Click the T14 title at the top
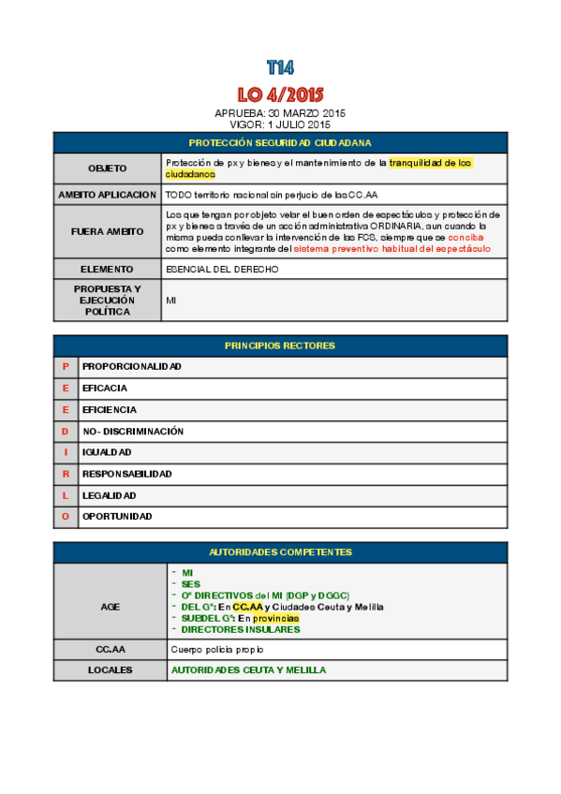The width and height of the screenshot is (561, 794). point(280,67)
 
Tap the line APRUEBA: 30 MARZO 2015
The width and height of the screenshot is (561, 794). point(280,113)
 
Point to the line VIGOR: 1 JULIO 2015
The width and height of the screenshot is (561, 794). point(280,124)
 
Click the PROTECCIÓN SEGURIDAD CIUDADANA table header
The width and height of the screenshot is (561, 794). point(280,142)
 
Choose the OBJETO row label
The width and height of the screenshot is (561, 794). point(107,169)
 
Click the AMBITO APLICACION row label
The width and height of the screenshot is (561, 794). point(107,195)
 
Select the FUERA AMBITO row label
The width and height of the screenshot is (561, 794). point(107,231)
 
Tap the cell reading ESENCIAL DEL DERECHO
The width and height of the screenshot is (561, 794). point(222,269)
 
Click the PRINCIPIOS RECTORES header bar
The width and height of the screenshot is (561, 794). point(280,346)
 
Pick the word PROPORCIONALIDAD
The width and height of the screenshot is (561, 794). point(132,366)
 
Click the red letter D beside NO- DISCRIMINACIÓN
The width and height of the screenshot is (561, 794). point(66,432)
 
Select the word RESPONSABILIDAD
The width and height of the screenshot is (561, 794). point(127,474)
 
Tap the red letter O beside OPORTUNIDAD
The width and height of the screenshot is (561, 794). point(66,516)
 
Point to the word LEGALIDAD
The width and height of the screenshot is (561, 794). point(110,495)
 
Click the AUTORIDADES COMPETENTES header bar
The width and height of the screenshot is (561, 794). point(280,552)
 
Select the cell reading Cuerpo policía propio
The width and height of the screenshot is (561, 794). point(217,649)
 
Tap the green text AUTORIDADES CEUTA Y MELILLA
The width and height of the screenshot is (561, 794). point(248,670)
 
